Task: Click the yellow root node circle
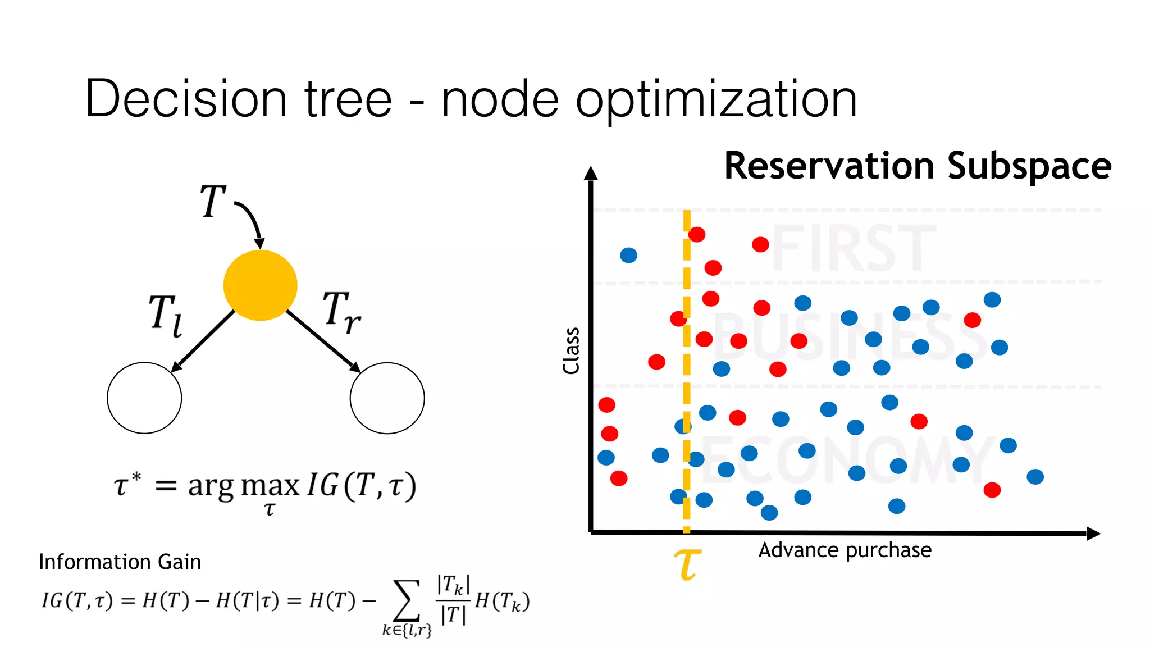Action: click(x=260, y=285)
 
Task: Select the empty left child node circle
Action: click(x=144, y=398)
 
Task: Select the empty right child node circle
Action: click(x=387, y=398)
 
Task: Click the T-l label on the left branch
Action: click(x=165, y=316)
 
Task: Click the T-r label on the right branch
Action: click(x=341, y=312)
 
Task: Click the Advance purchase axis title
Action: click(x=845, y=550)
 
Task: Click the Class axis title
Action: click(x=571, y=351)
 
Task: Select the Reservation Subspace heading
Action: click(x=918, y=166)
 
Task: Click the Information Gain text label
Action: click(x=120, y=562)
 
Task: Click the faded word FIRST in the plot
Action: click(x=854, y=248)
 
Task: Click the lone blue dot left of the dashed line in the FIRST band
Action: click(x=628, y=256)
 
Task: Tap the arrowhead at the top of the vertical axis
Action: click(x=590, y=174)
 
